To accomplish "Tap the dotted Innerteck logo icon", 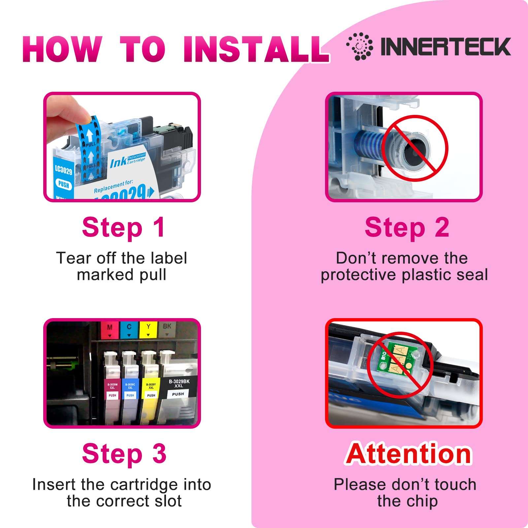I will pos(360,46).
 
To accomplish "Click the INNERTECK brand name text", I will pos(445,47).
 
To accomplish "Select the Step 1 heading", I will pos(123,228).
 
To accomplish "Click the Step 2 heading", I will pos(407,228).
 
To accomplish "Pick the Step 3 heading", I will pos(124,454).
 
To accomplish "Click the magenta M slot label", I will pos(110,330).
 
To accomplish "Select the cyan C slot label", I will pos(129,330).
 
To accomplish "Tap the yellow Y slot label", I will pos(148,330).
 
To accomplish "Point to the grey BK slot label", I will pos(167,329).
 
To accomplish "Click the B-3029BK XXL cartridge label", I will pos(179,383).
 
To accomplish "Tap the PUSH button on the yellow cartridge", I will pos(151,395).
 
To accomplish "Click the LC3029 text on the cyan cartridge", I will pos(63,170).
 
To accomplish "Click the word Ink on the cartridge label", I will pos(118,163).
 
